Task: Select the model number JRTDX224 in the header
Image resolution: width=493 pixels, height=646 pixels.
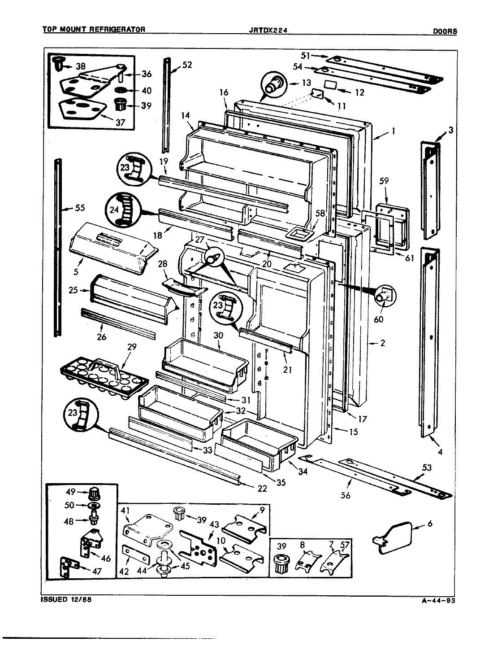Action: click(268, 30)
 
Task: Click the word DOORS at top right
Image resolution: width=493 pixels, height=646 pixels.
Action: click(445, 31)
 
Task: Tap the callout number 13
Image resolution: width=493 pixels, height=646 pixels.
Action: click(306, 83)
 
